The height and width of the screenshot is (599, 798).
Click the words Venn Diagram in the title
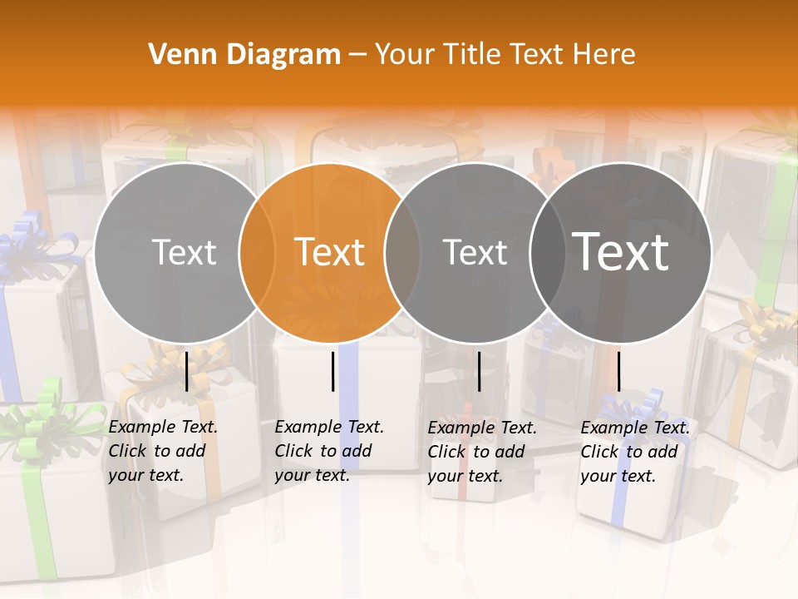coord(244,55)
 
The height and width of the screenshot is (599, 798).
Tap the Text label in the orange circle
coord(330,252)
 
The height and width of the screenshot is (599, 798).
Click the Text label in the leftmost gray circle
coord(185,252)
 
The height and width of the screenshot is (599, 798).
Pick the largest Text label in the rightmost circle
coord(621,252)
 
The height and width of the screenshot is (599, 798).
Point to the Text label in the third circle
coord(475,252)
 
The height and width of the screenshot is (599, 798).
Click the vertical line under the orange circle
coord(332,371)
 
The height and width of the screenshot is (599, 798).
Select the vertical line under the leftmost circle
coord(186,371)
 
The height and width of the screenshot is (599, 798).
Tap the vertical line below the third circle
coord(479,371)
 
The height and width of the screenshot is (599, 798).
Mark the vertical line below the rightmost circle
coord(618,371)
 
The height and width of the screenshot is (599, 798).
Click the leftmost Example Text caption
coord(163,451)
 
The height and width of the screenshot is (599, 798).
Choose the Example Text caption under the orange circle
coord(329,451)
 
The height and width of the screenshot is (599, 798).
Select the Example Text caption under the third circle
coord(482,452)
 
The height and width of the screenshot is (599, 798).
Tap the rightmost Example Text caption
coord(635,452)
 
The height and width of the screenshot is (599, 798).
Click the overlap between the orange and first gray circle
coord(257,252)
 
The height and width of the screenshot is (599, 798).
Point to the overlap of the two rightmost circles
coord(548,252)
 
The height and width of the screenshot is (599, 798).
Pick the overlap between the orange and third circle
coord(402,252)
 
